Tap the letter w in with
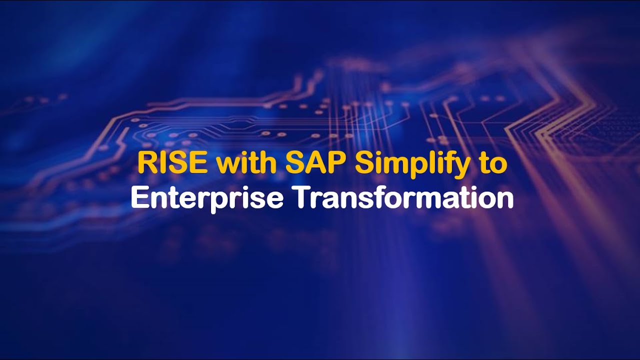click(x=226, y=165)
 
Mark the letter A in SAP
click(x=307, y=164)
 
